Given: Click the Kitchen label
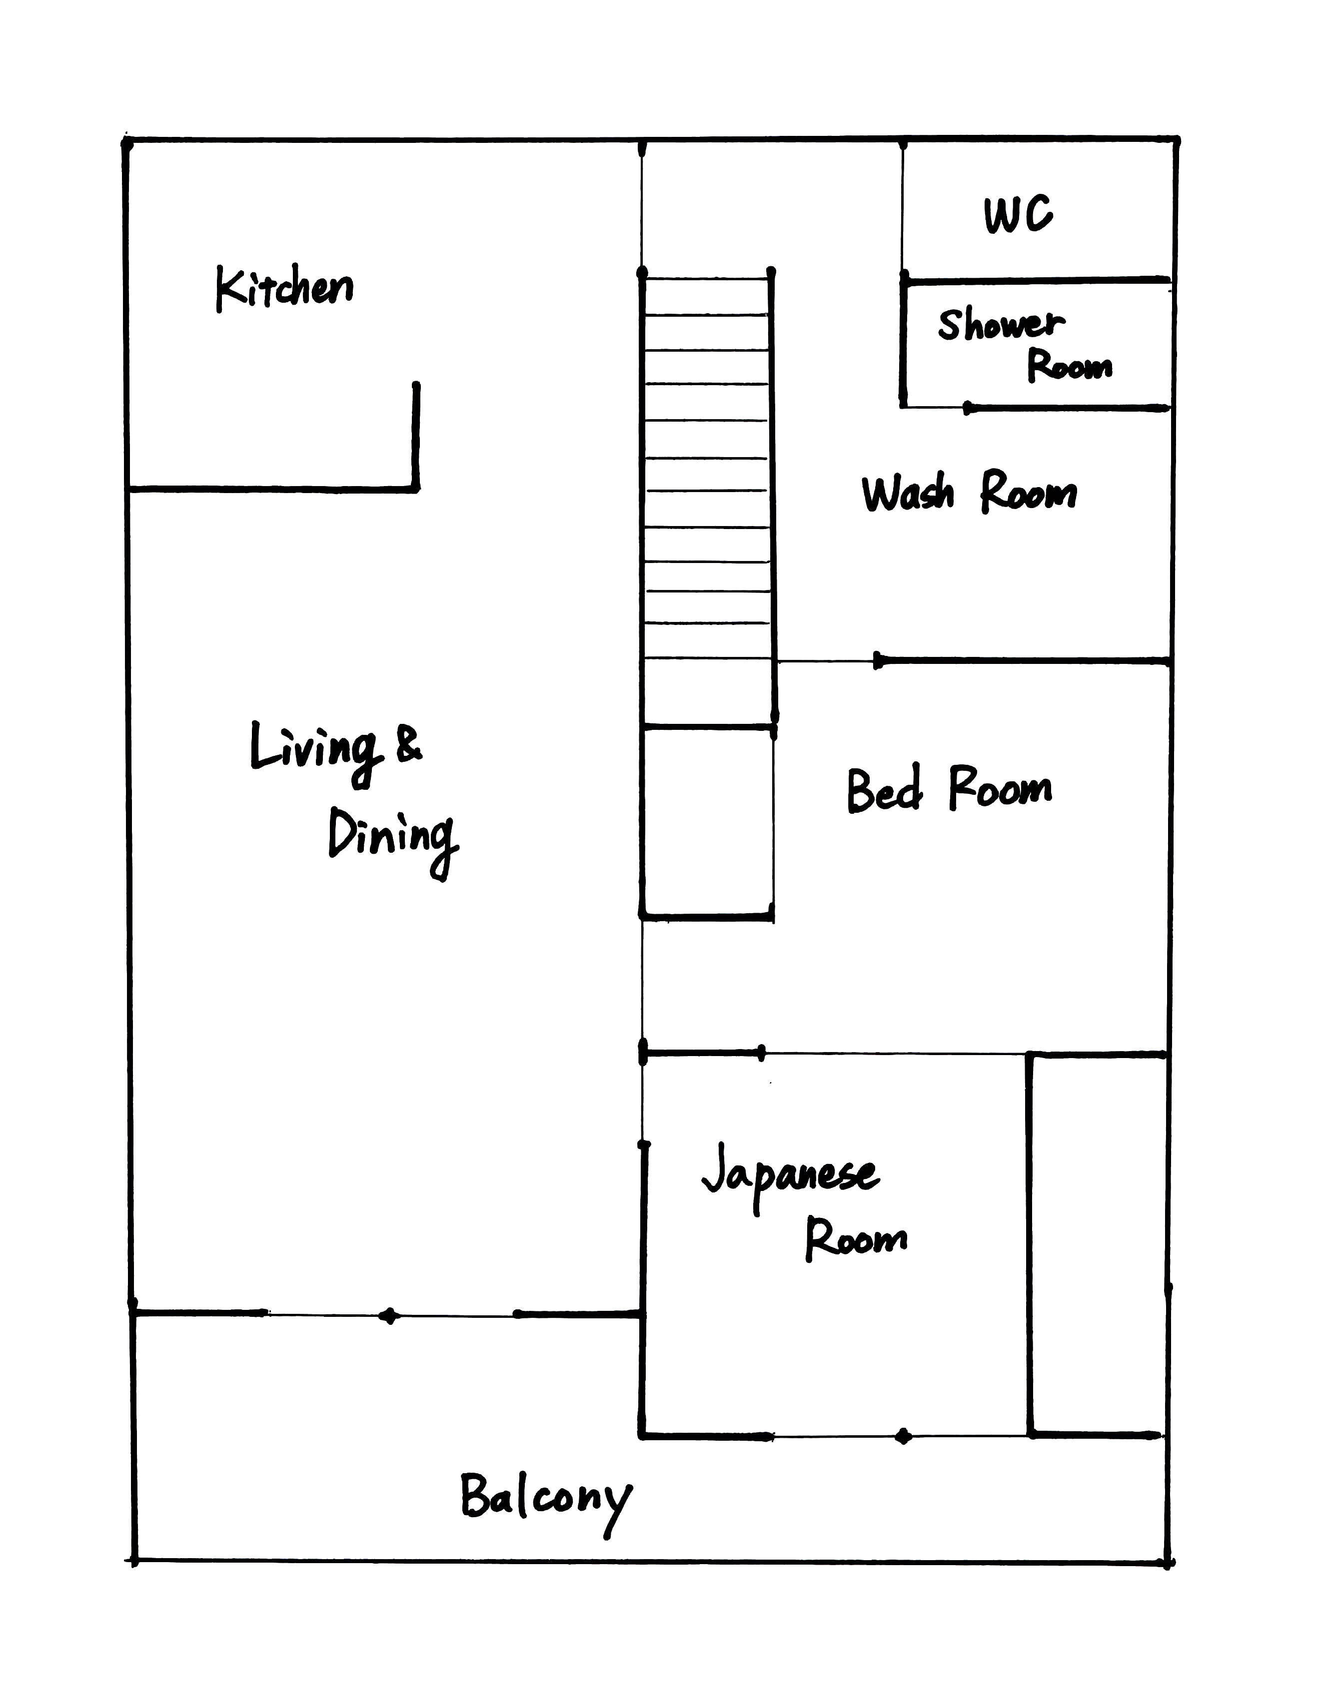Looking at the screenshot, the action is [x=284, y=288].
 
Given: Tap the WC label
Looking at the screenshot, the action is [x=1018, y=215].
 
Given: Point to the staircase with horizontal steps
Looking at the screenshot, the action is [x=707, y=497].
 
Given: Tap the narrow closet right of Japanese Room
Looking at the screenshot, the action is [x=1098, y=1244].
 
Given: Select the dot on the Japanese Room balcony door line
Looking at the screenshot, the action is [x=904, y=1436].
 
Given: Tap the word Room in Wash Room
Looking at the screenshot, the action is [x=1029, y=494].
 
